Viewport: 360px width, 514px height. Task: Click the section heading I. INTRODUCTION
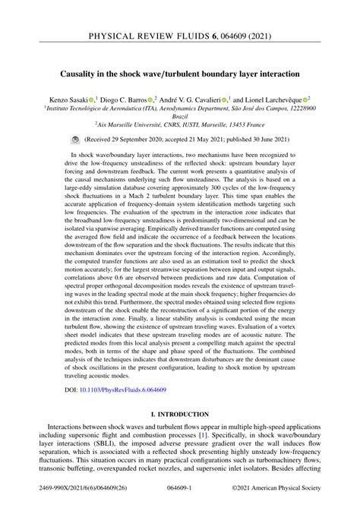179,415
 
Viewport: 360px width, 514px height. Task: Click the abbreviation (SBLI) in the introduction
112,448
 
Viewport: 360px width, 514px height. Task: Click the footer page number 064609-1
179,501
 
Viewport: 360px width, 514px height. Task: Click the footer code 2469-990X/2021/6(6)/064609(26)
75,501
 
